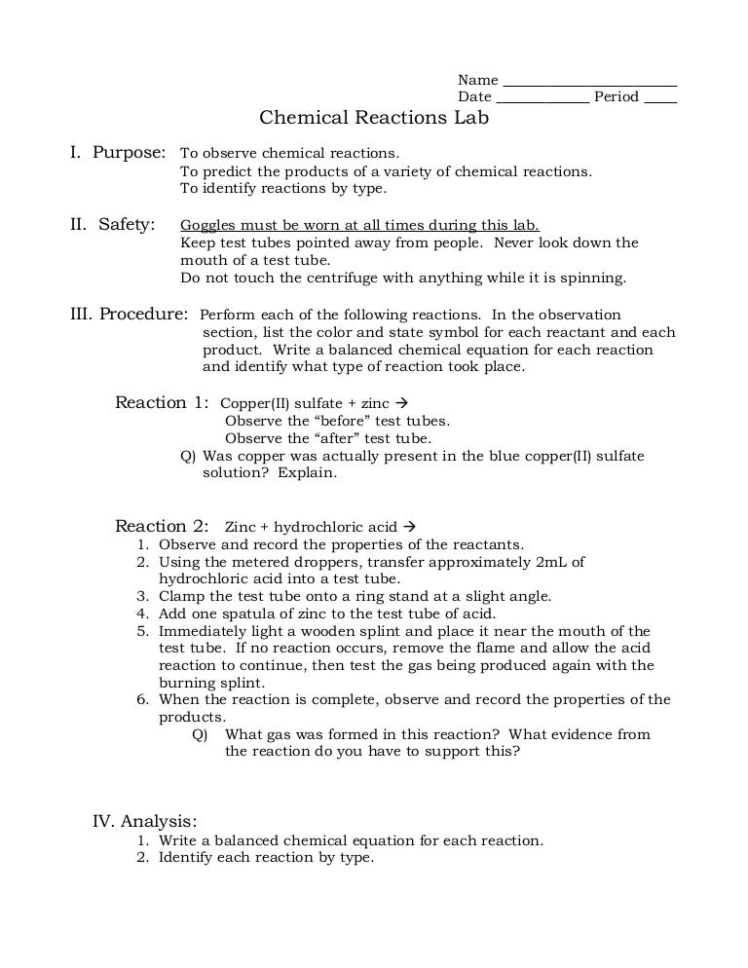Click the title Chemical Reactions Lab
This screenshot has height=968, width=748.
pyautogui.click(x=373, y=118)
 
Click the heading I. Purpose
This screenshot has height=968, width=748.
pyautogui.click(x=118, y=153)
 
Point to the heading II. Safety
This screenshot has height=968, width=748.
pyautogui.click(x=113, y=225)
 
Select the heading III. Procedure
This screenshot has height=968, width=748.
pyautogui.click(x=129, y=315)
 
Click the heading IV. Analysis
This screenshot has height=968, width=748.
pyautogui.click(x=144, y=820)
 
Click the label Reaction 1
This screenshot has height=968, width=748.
pyautogui.click(x=162, y=402)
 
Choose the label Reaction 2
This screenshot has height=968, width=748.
pyautogui.click(x=162, y=526)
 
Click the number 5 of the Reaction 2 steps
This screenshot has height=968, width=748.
pyautogui.click(x=142, y=631)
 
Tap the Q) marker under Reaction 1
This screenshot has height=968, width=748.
pyautogui.click(x=189, y=456)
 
